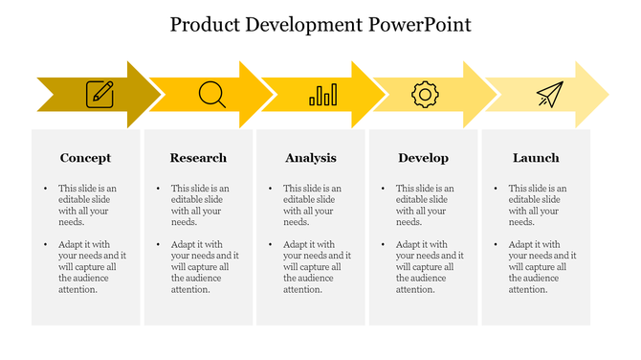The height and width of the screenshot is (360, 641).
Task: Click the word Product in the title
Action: [205, 25]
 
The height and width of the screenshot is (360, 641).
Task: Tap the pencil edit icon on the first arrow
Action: [99, 94]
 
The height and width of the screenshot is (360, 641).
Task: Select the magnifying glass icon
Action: [211, 94]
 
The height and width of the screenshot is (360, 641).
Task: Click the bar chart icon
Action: [323, 94]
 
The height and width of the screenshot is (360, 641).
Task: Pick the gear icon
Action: [425, 94]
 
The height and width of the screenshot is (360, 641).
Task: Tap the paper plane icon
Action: [549, 94]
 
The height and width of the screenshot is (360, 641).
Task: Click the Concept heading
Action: [85, 158]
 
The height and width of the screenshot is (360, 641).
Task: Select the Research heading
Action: [198, 158]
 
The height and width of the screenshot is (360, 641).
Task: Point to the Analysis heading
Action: [311, 158]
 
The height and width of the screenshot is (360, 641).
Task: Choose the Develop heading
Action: [423, 158]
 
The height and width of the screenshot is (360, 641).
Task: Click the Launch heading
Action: [536, 158]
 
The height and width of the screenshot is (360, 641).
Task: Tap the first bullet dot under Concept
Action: [45, 190]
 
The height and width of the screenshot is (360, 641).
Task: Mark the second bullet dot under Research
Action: [158, 245]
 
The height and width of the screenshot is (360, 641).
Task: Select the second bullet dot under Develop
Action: [383, 245]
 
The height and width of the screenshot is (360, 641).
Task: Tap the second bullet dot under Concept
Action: [45, 245]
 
